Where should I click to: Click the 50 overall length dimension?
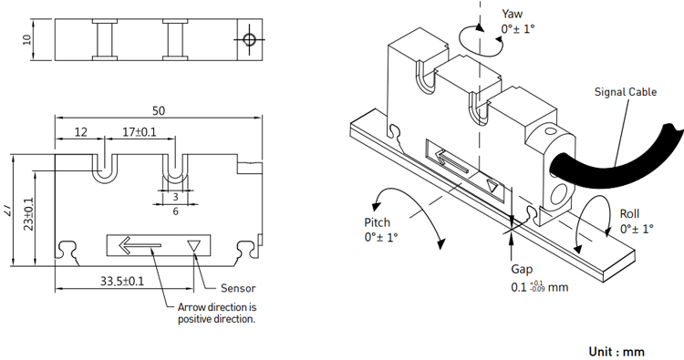tap(159, 110)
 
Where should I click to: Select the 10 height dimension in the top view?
tap(27, 40)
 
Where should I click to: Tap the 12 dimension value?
tap(80, 132)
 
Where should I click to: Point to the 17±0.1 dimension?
tap(140, 132)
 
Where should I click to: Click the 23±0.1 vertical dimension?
tap(29, 214)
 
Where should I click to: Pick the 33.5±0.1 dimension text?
tap(122, 281)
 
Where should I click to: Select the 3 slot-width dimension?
tap(175, 197)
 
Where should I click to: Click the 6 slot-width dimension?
tap(175, 211)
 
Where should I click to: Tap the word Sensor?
tap(238, 288)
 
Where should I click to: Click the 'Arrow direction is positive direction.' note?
tap(217, 313)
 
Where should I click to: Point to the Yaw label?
tap(513, 14)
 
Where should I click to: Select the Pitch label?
tap(378, 222)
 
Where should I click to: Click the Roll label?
tap(629, 213)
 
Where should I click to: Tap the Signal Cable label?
tap(626, 92)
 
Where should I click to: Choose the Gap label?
tap(522, 270)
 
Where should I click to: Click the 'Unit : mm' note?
tap(617, 351)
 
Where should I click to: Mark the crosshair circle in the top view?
tap(250, 40)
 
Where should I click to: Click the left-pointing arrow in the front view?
tap(140, 245)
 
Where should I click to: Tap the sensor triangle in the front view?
tap(193, 246)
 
